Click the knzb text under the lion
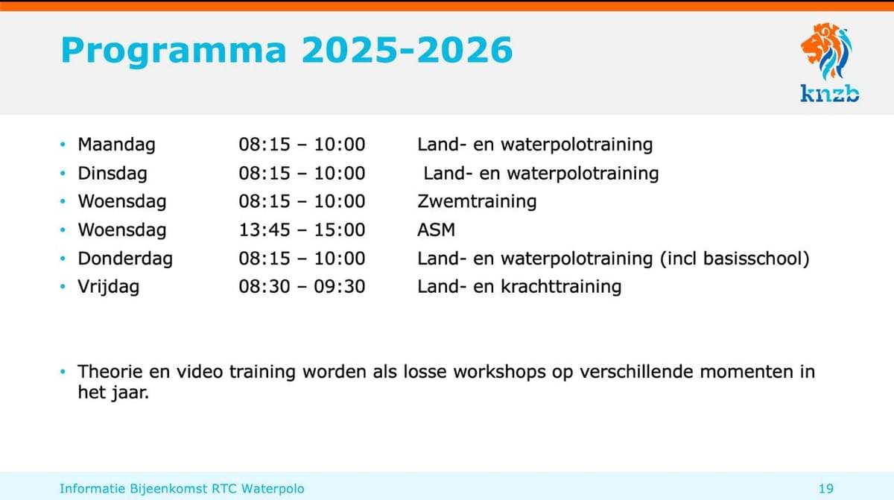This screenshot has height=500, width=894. click(830, 94)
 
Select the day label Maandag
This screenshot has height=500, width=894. click(116, 145)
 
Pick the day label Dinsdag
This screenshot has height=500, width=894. click(112, 174)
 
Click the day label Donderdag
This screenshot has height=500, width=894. click(125, 259)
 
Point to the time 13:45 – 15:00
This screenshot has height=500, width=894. click(302, 230)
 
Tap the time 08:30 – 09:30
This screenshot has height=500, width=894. click(302, 287)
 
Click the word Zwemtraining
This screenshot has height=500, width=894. click(477, 201)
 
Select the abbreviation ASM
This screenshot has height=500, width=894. click(437, 230)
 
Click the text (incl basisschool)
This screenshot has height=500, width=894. click(735, 259)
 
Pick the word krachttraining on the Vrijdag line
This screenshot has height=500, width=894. click(561, 287)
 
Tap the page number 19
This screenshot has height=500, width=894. click(826, 489)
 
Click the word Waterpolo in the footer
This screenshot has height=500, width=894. click(273, 489)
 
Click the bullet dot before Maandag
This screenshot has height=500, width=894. click(63, 145)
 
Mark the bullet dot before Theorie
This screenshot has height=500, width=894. click(63, 372)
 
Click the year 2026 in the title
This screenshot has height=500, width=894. click(465, 50)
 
